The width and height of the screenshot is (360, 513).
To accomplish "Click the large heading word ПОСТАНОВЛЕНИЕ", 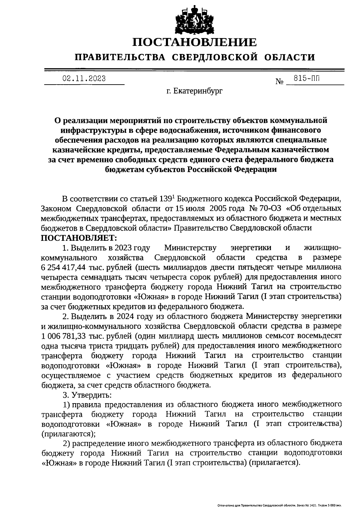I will [195, 42].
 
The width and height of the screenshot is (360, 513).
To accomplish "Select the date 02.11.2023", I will [84, 79].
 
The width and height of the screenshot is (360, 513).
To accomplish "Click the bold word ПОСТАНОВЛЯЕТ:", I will [79, 238].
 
